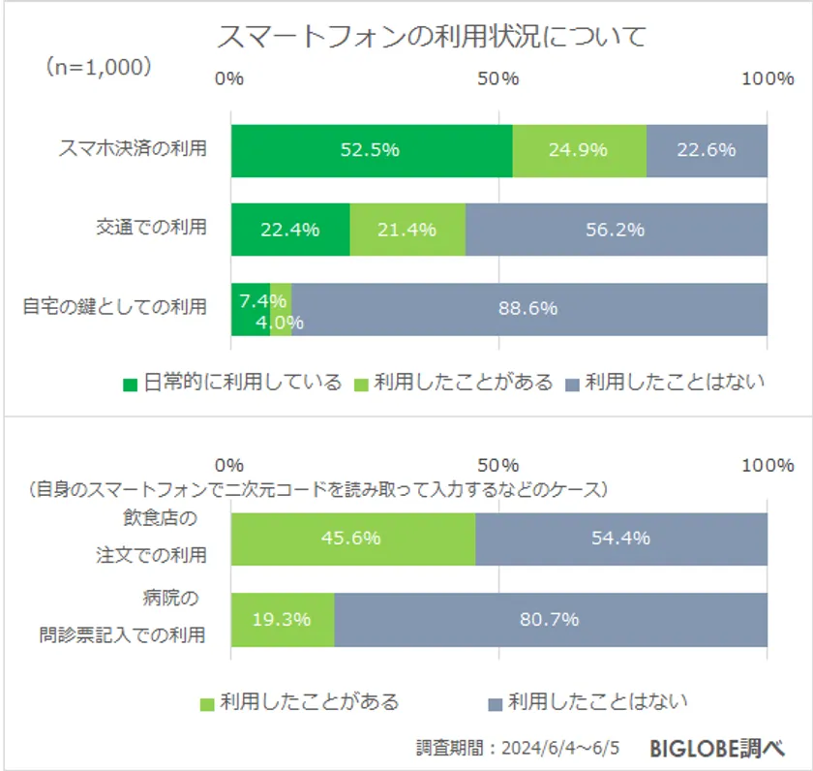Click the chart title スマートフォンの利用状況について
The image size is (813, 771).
[431, 37]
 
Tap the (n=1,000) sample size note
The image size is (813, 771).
[97, 67]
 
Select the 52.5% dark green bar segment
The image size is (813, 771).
[371, 150]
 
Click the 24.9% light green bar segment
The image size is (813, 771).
[579, 150]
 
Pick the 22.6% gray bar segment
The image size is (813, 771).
[707, 150]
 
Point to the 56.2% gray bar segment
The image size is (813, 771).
[616, 230]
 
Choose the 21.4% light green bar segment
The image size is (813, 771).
[407, 230]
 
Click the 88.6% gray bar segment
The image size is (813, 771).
[528, 309]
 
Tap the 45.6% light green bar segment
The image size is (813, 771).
[352, 539]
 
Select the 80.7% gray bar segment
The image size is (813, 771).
[550, 619]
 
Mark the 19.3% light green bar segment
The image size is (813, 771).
[282, 619]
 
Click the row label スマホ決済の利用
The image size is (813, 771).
[134, 149]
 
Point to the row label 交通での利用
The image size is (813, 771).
[151, 229]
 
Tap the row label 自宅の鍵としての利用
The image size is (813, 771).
[115, 307]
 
